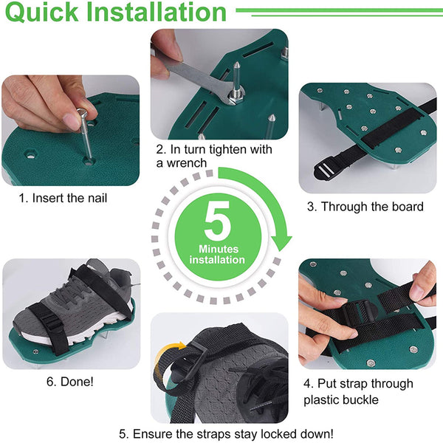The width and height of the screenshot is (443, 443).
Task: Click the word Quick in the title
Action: click(41, 12)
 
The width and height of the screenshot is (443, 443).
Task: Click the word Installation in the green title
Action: click(157, 12)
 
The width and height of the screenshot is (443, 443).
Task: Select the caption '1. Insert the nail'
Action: click(63, 198)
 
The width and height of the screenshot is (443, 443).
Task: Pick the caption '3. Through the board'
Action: click(365, 207)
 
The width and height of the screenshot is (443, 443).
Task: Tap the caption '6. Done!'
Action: click(70, 382)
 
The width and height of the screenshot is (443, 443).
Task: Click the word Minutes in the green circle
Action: click(219, 249)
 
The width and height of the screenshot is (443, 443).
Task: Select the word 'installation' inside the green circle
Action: click(217, 260)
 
